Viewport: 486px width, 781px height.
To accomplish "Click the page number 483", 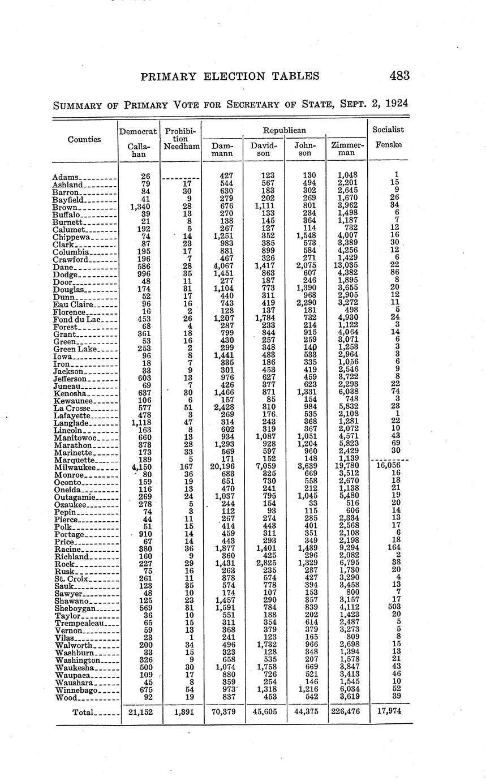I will tap(399, 76).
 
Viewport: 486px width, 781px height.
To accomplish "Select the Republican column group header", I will tap(285, 130).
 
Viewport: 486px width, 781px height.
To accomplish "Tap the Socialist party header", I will tap(388, 130).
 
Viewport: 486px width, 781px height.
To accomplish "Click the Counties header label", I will tap(84, 139).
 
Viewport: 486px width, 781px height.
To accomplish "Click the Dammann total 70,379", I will tap(222, 711).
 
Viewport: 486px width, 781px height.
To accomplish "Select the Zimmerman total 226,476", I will tap(346, 711).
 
